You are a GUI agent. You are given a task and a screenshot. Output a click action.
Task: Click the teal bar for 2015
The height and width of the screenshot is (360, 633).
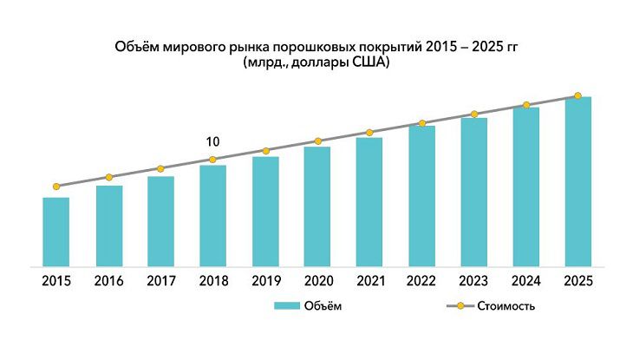(56, 232)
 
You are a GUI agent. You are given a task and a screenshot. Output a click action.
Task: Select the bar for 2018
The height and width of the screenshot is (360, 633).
(213, 215)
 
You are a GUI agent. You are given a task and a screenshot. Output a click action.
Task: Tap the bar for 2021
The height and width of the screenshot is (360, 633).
(369, 201)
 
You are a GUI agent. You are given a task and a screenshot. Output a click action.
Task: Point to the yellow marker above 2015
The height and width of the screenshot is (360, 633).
(56, 187)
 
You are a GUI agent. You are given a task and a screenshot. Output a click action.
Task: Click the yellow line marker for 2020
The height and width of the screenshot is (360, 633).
(317, 141)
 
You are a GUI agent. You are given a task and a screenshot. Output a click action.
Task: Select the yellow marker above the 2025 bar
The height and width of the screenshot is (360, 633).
(578, 95)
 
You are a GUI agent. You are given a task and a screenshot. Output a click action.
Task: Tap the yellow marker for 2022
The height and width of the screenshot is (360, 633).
(421, 123)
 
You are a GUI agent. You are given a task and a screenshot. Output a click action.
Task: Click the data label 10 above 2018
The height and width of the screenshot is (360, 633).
(213, 142)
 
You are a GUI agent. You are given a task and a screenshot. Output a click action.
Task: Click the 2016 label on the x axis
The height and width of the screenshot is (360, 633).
(108, 281)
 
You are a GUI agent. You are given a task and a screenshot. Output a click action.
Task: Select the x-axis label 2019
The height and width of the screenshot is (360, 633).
(265, 281)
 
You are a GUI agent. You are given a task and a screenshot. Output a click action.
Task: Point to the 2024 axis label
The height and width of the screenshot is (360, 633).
(526, 281)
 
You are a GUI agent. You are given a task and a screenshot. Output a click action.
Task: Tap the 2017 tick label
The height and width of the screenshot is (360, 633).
(160, 281)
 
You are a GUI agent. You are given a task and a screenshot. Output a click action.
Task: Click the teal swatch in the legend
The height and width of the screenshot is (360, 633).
(286, 306)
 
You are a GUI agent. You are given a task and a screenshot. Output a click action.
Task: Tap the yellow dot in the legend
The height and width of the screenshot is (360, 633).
(460, 306)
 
